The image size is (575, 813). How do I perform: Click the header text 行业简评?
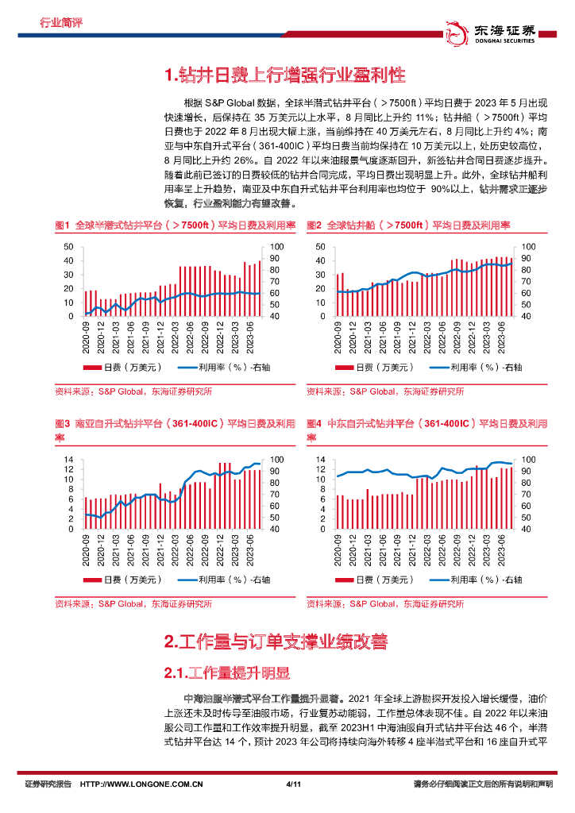(x=61, y=23)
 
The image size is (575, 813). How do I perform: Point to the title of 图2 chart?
(x=409, y=225)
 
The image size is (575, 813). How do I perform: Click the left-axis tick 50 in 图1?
(x=68, y=247)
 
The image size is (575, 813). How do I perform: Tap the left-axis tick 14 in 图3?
(x=68, y=460)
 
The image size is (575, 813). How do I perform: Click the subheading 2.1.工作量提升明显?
(x=227, y=673)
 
